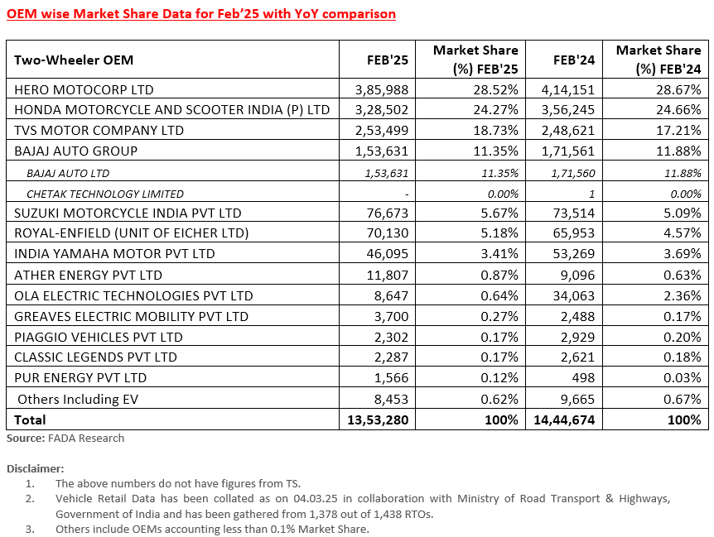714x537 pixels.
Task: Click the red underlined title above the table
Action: click(x=201, y=14)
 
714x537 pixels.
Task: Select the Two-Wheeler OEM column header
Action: click(x=74, y=60)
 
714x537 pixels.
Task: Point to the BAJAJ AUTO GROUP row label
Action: click(x=76, y=151)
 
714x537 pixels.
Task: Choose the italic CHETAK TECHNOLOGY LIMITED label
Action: click(x=105, y=194)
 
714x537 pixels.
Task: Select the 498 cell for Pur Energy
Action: click(x=583, y=378)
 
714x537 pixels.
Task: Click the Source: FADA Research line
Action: click(x=65, y=438)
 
